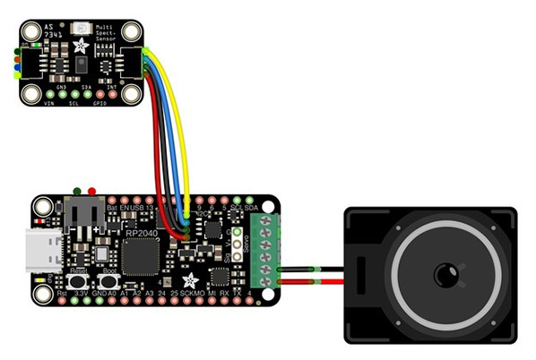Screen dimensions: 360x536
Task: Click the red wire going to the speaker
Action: coord(309,283)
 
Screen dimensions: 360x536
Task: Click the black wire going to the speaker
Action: coord(309,267)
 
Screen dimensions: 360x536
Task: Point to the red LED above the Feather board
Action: coord(91,191)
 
